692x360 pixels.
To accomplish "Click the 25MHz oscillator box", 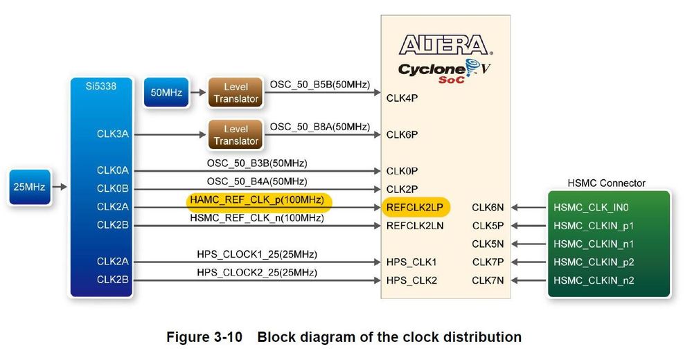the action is click(30, 187).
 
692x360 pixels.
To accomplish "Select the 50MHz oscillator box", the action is click(166, 92).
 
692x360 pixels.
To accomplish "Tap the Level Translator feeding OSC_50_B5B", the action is click(236, 93).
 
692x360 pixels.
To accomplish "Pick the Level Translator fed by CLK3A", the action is click(236, 134).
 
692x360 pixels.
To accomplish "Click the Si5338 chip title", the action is click(101, 86).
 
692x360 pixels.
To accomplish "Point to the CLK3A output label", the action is click(113, 134).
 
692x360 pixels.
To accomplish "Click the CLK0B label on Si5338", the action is click(113, 188).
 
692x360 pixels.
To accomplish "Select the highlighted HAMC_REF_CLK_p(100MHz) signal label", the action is click(257, 200).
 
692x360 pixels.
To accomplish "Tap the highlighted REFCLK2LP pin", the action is click(415, 208).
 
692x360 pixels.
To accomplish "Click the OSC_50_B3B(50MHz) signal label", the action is click(257, 163).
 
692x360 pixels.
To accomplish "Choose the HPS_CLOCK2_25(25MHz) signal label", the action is click(257, 272).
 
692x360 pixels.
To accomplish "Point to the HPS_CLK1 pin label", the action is click(411, 262).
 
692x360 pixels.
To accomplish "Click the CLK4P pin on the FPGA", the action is click(402, 98).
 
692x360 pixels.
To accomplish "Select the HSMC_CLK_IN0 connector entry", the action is click(591, 208).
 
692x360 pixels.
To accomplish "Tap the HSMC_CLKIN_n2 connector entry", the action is click(594, 280).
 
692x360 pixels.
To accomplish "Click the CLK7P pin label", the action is click(488, 262).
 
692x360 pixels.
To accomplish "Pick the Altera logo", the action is click(445, 45).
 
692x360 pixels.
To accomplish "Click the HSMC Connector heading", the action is click(606, 183).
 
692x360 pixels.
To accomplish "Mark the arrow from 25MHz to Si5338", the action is click(60, 187).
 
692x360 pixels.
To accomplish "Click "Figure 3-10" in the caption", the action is click(204, 337).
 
